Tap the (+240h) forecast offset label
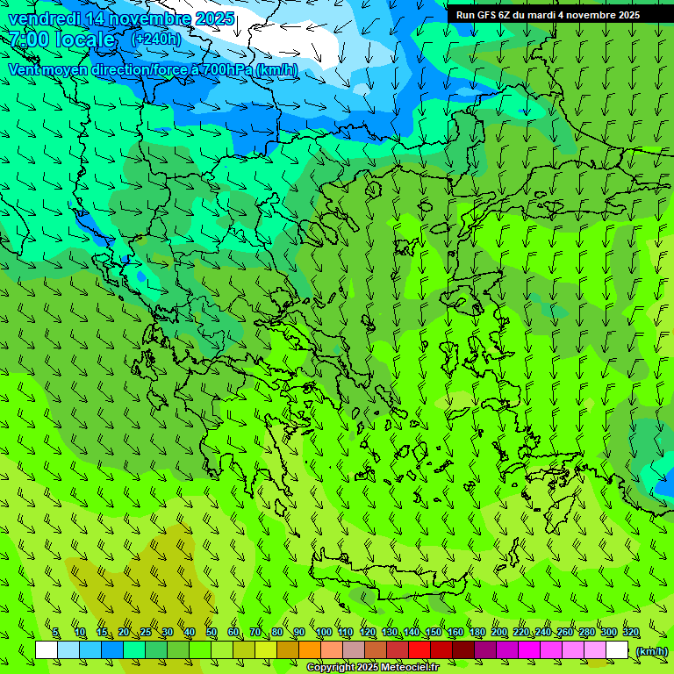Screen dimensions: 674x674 point(156,39)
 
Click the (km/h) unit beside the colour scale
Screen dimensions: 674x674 point(651,650)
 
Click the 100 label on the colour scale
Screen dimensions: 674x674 point(324,633)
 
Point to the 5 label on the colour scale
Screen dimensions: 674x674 point(55,633)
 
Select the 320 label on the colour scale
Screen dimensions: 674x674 point(630,633)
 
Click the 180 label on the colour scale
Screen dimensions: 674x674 point(477,633)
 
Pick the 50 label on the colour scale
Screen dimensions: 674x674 point(212,633)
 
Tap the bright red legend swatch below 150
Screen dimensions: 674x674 point(419,650)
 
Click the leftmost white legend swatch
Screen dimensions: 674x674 point(47,650)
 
